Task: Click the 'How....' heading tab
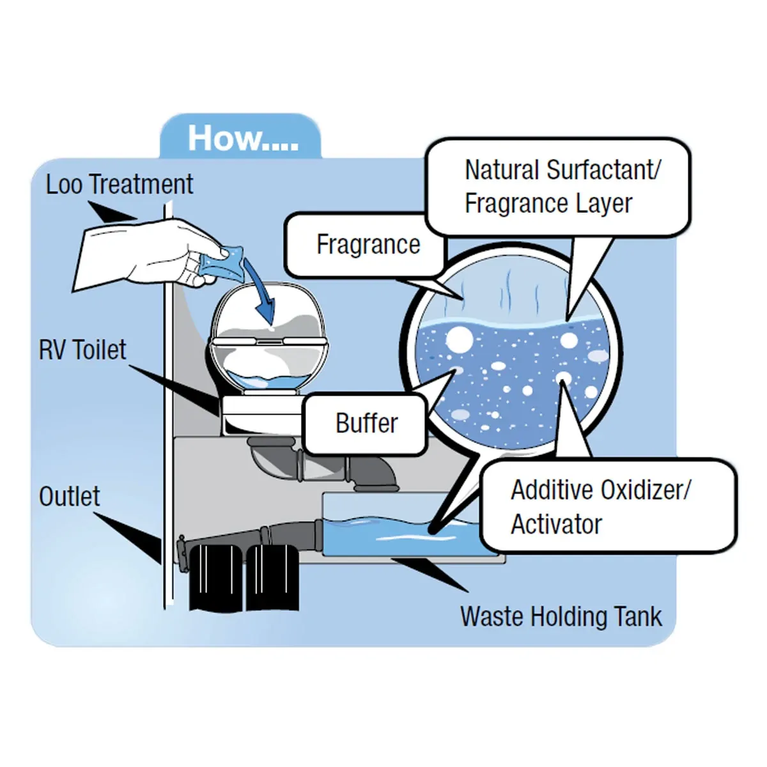242,138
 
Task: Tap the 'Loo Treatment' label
119,184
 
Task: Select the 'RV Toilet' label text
82,350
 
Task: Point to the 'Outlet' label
69,496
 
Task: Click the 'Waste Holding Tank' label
561,617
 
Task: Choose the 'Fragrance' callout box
368,245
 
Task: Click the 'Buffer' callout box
366,423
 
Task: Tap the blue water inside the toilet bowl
268,381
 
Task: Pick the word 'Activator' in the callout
556,524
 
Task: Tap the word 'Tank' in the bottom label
637,617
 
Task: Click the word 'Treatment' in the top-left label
141,184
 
